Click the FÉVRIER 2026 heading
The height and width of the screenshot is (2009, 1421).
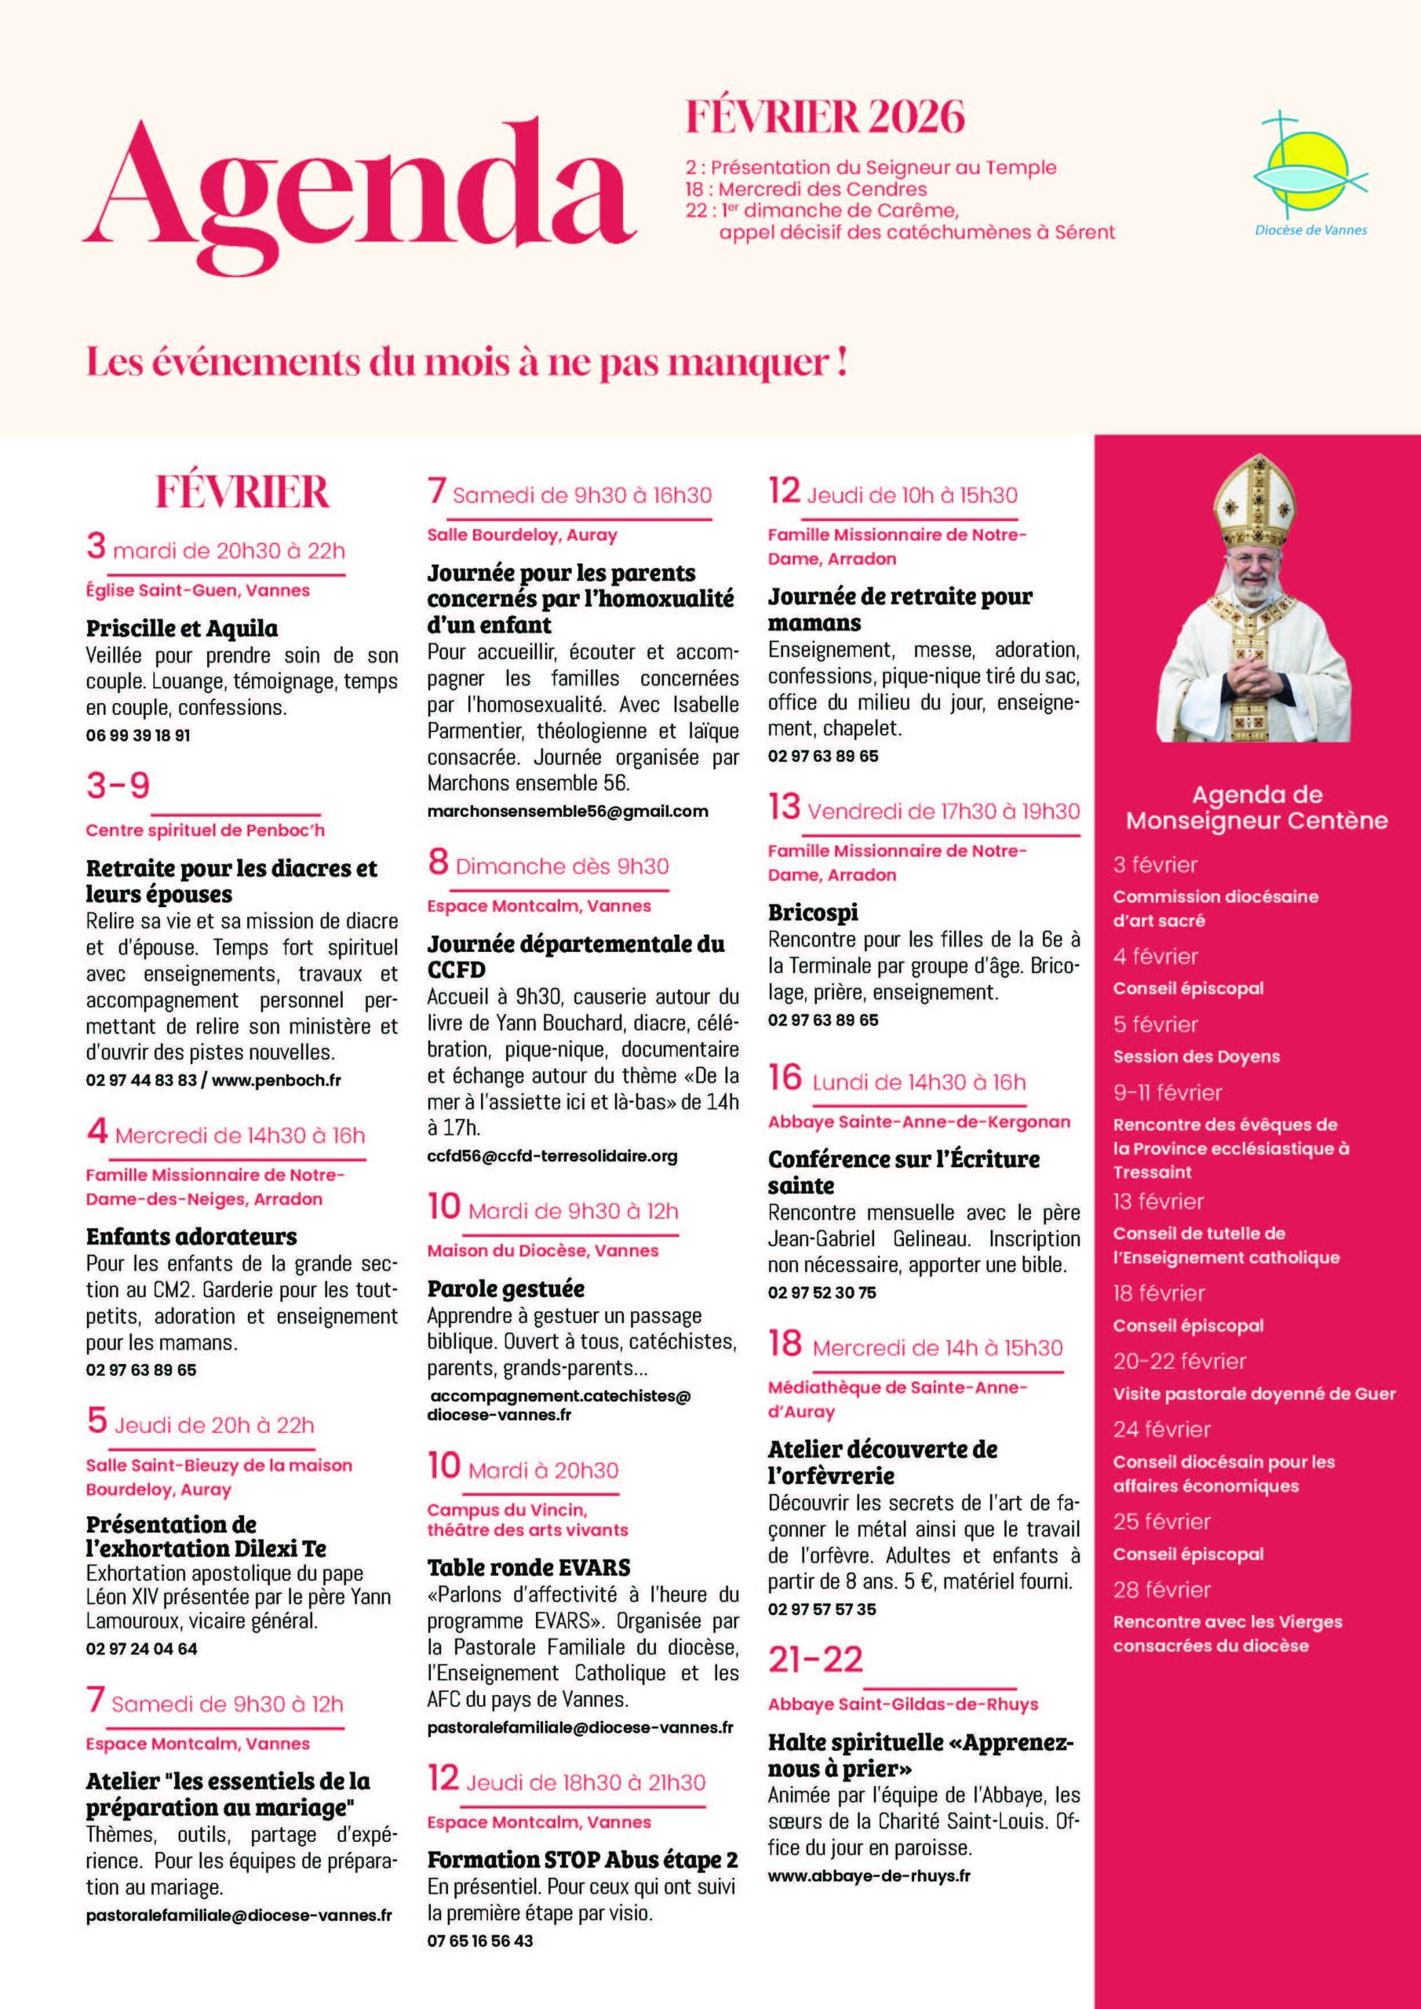tap(825, 117)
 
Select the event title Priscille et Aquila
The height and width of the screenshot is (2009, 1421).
tap(182, 629)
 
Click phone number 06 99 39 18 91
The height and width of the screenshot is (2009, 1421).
tap(137, 735)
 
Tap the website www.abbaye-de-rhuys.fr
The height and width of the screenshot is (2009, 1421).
tap(869, 1875)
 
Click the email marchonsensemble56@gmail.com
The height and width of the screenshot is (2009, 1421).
tap(567, 811)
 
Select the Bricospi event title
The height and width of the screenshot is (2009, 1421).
tap(813, 912)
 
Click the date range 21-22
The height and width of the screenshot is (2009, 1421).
tap(815, 1659)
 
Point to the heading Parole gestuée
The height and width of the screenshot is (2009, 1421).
tap(506, 1288)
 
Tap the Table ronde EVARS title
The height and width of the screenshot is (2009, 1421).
tap(529, 1567)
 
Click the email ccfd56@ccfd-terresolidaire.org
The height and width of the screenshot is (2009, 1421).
tap(552, 1156)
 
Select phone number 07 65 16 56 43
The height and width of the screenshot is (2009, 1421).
tap(479, 1940)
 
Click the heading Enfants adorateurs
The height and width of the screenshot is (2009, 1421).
tap(191, 1236)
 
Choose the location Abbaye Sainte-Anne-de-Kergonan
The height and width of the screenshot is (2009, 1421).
tap(919, 1121)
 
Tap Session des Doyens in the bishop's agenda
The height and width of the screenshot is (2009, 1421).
tap(1195, 1056)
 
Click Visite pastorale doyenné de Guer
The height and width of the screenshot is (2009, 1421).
tap(1254, 1394)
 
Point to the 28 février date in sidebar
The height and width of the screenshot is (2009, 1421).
tap(1161, 1589)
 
